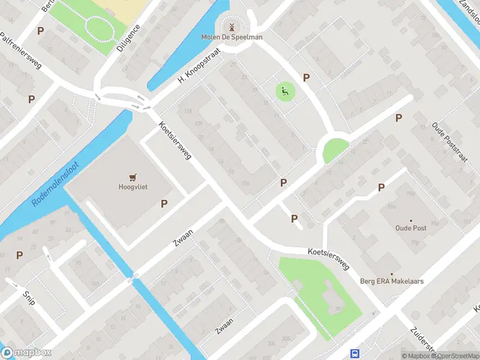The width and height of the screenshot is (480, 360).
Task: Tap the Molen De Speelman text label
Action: (232, 37)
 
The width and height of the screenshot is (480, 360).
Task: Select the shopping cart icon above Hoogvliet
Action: (133, 176)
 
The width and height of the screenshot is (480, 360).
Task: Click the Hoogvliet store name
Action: (133, 187)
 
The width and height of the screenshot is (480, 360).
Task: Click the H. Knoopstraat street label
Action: (199, 70)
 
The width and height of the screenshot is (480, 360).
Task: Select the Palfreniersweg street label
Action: (20, 51)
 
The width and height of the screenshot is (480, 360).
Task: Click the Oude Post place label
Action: (410, 228)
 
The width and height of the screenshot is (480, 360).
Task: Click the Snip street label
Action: (28, 296)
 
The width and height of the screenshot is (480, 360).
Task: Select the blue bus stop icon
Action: (355, 354)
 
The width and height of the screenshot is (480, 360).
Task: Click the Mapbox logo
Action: (26, 353)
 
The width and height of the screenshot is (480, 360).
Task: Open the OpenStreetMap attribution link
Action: (452, 356)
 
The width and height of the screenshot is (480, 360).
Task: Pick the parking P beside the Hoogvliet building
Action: (164, 204)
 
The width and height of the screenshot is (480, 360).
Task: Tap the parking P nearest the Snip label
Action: (20, 255)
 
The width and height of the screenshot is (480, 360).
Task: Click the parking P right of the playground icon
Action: (306, 77)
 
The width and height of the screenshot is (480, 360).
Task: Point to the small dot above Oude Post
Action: (410, 221)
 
